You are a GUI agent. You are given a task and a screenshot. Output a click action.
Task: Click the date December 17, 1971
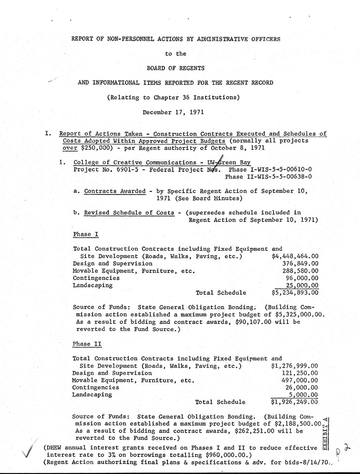coord(173,112)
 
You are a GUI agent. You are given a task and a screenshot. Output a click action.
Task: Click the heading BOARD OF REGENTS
coord(175,68)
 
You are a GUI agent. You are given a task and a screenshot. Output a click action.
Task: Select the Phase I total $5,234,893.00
coord(295,293)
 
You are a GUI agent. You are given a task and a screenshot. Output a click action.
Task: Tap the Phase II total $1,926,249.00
coord(294,402)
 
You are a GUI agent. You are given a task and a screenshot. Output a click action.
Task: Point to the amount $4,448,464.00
coord(295,256)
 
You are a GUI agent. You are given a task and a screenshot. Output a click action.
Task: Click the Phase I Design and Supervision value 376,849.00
coord(300,263)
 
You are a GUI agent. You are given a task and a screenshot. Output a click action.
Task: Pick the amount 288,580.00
coord(300,271)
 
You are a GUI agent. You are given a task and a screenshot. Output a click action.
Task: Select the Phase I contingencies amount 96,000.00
coord(302,278)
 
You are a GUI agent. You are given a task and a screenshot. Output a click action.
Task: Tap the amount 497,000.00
coord(300,380)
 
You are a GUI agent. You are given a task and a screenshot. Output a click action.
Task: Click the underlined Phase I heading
coord(86,234)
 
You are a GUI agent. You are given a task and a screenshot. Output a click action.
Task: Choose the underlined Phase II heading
coord(87,344)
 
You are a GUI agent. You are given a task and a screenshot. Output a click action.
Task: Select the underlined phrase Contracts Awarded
coord(115,191)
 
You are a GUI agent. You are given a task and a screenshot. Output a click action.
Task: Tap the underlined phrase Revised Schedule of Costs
coord(129,213)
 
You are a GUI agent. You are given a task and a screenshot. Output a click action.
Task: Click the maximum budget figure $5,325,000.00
coord(300,314)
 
